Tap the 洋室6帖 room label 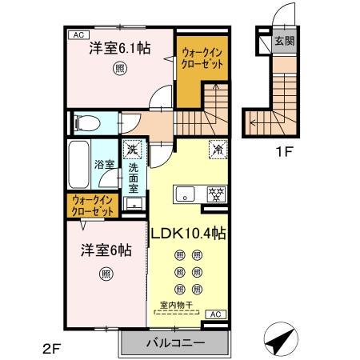coord(104,249)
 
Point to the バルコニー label coord(174,343)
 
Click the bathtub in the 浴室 coord(79,166)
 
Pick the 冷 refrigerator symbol coord(217,148)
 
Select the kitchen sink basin coord(185,193)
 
